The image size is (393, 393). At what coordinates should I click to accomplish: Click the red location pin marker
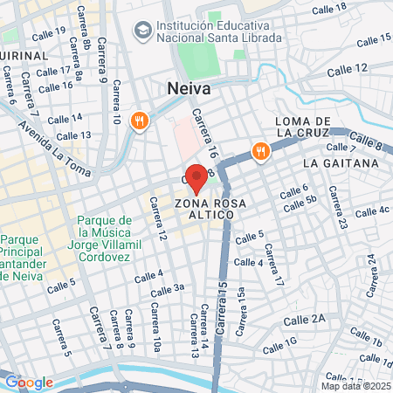click(196, 177)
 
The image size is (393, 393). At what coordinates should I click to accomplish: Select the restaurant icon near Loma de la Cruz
click(260, 151)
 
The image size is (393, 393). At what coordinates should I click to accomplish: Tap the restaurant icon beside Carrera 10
click(138, 121)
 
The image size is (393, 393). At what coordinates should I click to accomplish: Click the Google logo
click(29, 382)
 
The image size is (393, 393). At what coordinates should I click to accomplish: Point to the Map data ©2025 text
click(355, 386)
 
